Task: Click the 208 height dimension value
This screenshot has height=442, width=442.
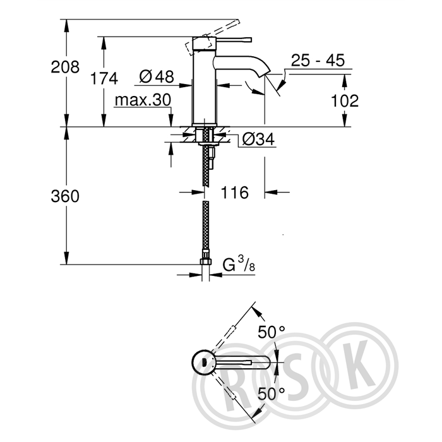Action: pyautogui.click(x=65, y=68)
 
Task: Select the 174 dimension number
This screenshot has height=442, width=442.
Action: pyautogui.click(x=104, y=78)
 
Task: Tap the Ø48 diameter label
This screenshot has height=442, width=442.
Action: pyautogui.click(x=157, y=76)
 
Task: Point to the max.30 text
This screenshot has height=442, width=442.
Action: pyautogui.click(x=143, y=100)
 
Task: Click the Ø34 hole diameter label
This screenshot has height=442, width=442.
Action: pyautogui.click(x=258, y=139)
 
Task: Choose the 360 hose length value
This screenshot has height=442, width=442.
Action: pyautogui.click(x=65, y=196)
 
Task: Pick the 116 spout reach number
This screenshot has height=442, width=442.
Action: pyautogui.click(x=234, y=193)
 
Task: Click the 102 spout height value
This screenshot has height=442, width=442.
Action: pyautogui.click(x=345, y=100)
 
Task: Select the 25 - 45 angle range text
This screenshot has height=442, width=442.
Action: pyautogui.click(x=318, y=60)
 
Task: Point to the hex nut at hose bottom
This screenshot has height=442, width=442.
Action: pyautogui.click(x=206, y=261)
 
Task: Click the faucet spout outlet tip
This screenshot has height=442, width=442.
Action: pyautogui.click(x=266, y=74)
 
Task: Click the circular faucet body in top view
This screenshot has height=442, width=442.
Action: pyautogui.click(x=203, y=362)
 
